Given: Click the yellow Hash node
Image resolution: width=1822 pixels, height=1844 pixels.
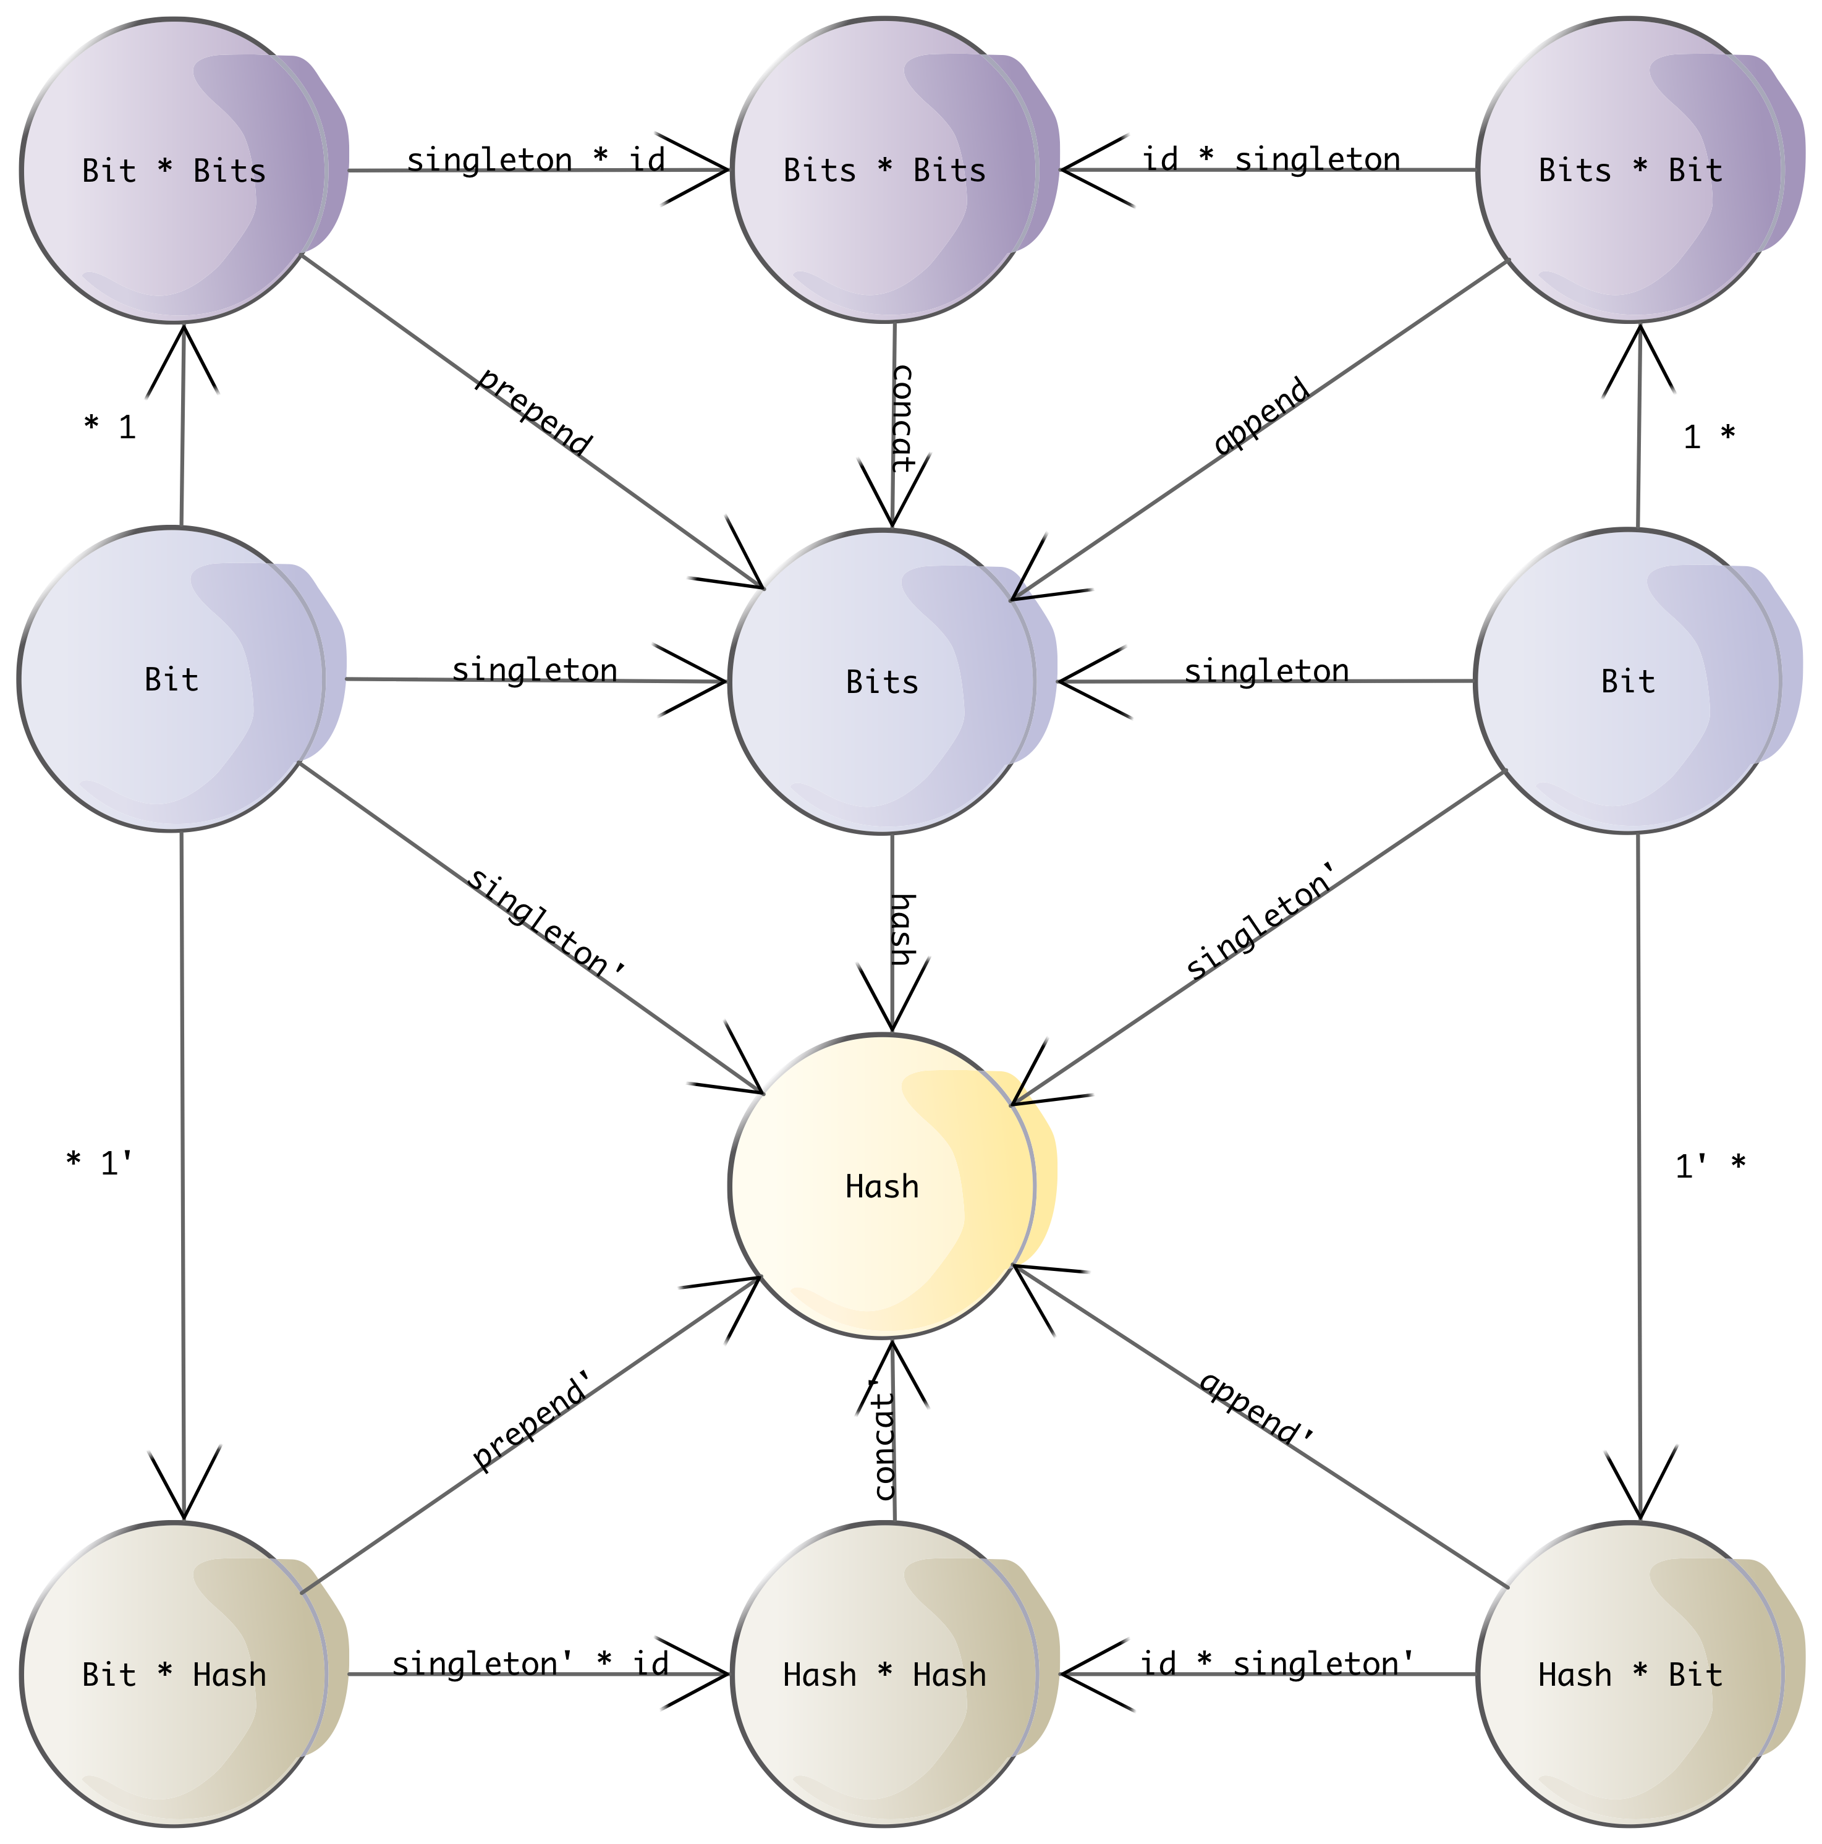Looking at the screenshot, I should [882, 1186].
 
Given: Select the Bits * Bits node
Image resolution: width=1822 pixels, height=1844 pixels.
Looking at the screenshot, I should [884, 170].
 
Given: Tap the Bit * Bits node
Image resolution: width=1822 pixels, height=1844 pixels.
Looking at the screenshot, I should [174, 170].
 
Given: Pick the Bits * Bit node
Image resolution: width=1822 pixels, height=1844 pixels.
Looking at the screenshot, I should [1630, 170].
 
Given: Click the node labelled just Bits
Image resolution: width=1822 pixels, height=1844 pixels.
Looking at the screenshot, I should [882, 681].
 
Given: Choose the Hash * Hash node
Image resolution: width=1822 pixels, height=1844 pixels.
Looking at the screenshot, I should [884, 1674].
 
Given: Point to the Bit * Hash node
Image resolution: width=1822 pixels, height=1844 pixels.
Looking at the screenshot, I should [174, 1674].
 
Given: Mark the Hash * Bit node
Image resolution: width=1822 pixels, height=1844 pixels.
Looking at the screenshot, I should [1630, 1674].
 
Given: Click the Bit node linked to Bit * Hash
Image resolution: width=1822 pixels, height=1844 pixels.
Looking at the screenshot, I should [172, 679].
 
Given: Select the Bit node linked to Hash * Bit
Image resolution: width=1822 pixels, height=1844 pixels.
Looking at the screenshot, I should [1627, 681].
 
